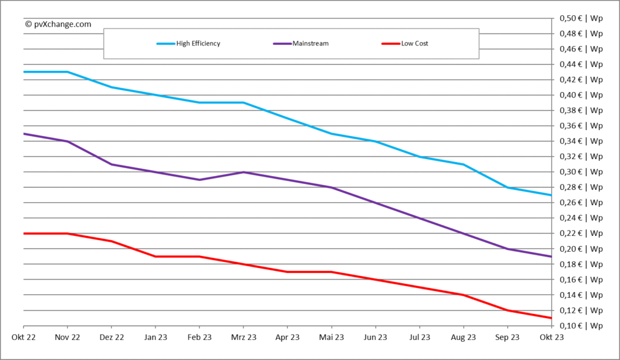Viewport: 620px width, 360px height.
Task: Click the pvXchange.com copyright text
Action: click(58, 24)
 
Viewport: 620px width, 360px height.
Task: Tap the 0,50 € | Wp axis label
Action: click(580, 18)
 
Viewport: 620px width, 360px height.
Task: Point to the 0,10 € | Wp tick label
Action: click(580, 326)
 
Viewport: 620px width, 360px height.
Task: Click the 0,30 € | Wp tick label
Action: click(580, 172)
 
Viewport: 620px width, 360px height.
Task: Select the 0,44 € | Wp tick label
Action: click(580, 64)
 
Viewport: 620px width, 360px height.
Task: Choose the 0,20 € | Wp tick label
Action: click(580, 249)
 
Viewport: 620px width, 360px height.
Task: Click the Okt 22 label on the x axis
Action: click(23, 338)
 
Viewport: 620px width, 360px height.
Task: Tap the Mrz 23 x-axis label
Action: click(243, 338)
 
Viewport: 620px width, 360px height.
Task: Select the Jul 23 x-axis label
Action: click(419, 338)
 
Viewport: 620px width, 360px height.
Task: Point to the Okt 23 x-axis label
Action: click(551, 338)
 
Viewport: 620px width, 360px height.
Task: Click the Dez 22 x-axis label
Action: click(111, 338)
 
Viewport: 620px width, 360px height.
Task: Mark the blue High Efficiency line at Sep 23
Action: click(507, 188)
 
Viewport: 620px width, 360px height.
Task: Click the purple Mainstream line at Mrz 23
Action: click(243, 172)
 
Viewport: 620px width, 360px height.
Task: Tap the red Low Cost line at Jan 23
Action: click(155, 257)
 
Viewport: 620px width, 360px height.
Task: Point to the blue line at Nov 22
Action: click(67, 72)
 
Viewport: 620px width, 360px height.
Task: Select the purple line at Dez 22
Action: click(111, 165)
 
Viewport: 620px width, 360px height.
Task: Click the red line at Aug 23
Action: click(463, 295)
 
